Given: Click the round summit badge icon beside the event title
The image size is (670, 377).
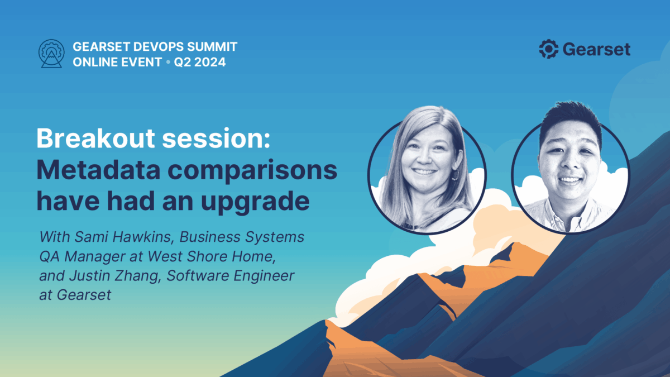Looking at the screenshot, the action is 51,54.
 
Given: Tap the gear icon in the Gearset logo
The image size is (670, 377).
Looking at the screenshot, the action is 548,49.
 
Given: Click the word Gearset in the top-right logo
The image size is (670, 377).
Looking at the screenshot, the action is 596,49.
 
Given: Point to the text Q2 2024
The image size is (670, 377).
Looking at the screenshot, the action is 200,62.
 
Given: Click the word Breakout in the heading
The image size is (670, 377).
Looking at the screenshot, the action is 95,139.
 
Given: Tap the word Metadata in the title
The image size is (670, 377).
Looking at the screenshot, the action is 98,170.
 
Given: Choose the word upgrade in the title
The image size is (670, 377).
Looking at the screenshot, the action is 255,202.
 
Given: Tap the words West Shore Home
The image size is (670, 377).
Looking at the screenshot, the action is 212,256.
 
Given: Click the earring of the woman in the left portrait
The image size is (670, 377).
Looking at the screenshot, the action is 456,175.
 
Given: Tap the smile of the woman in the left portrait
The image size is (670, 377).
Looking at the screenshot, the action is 424,172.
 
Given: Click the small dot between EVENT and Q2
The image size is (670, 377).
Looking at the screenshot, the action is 168,62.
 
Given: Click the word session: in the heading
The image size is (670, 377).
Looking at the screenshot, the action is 216,139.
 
